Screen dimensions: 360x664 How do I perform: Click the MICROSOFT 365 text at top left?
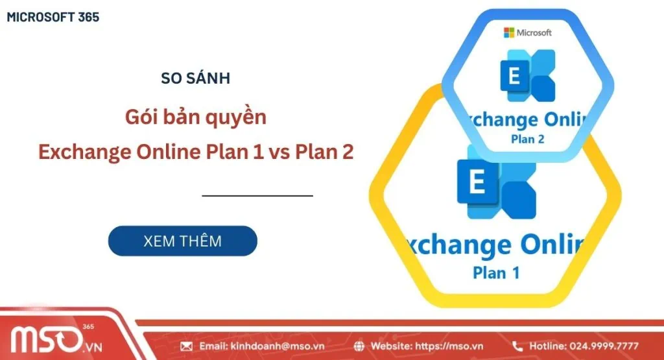pos(53,18)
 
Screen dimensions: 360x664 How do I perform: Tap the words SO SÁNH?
pos(195,78)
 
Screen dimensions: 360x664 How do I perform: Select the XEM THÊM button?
pos(182,241)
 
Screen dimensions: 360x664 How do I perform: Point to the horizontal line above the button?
pos(257,195)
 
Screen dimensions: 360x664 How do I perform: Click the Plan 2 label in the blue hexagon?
pos(527,138)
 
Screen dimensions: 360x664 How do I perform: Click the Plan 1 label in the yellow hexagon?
pos(496,272)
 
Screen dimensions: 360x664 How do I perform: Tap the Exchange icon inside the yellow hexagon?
pos(496,187)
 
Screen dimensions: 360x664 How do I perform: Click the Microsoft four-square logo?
pos(510,32)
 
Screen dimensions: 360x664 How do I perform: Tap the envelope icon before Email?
pos(187,346)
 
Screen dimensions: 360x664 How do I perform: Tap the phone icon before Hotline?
pos(517,346)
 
